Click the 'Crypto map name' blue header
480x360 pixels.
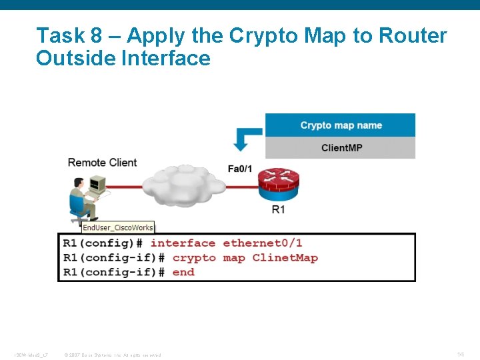click(340, 125)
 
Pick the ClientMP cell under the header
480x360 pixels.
click(341, 147)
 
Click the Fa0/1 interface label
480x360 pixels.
click(239, 169)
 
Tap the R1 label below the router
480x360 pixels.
click(278, 209)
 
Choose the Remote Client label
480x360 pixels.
click(102, 163)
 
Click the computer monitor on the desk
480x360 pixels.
click(97, 184)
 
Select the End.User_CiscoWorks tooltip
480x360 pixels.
click(117, 227)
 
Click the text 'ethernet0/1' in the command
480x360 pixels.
click(262, 243)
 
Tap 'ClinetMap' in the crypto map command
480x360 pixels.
click(285, 258)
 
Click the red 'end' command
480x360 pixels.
click(183, 272)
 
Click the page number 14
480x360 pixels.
click(460, 354)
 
